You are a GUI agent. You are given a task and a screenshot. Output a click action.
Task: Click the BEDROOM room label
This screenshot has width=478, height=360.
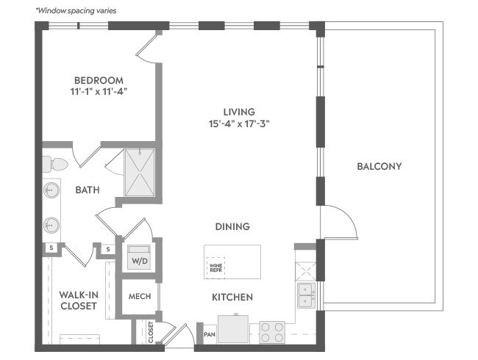tap(99, 80)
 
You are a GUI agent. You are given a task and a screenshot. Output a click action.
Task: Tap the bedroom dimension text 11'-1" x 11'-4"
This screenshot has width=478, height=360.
tap(99, 91)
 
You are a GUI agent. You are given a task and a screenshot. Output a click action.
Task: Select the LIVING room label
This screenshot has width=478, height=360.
tap(239, 112)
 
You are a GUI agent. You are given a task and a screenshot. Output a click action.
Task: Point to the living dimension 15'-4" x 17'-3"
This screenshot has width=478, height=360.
tap(239, 124)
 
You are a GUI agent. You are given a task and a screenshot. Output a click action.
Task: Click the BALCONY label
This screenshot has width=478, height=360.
tap(379, 166)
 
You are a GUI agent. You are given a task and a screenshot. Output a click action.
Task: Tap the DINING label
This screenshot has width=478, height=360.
tap(232, 226)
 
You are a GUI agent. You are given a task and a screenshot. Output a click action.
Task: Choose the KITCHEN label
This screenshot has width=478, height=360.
tap(232, 297)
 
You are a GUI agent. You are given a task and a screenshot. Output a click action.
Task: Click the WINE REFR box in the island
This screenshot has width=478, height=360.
tap(215, 267)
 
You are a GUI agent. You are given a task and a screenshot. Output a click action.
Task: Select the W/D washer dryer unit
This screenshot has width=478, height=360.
tap(139, 257)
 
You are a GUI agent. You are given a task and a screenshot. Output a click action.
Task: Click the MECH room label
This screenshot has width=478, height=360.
tap(140, 296)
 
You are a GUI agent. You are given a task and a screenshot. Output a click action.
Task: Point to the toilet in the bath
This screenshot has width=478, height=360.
tap(55, 165)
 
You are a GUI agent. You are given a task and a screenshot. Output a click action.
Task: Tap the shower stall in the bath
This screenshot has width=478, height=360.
tap(140, 173)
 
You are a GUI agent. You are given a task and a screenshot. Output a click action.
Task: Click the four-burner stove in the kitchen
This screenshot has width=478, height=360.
tap(272, 332)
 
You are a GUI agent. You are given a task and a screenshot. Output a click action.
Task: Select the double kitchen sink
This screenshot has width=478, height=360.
tap(306, 295)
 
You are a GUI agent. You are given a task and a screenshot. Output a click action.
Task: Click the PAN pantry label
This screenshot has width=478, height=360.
tap(210, 334)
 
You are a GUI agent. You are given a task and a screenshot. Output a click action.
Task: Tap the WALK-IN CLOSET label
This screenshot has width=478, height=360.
tap(79, 300)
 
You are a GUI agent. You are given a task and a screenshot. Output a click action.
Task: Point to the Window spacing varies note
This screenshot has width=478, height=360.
tap(76, 11)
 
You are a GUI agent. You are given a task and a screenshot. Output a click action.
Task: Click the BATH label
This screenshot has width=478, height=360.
tap(88, 190)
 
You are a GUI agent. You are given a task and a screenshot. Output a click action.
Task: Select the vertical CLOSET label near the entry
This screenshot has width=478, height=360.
tap(151, 332)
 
